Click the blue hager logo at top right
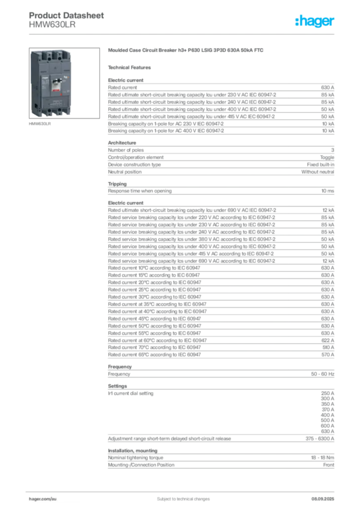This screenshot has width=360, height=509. point(316,22)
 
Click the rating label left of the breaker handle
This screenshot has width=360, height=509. point(45,84)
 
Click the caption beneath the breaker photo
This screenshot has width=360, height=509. point(39,125)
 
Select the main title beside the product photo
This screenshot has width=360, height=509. point(187,51)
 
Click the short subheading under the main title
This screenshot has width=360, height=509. point(131,67)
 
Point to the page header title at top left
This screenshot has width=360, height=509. point(67,15)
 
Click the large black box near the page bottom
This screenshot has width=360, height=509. point(211,414)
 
